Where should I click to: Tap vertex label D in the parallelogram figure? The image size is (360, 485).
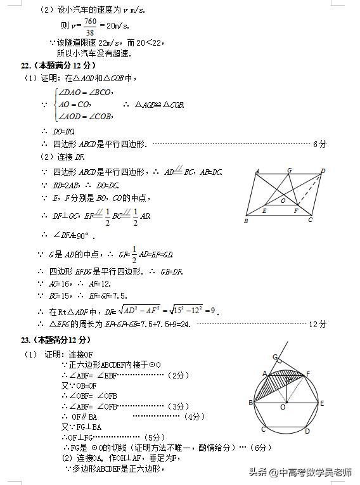tap(323, 171)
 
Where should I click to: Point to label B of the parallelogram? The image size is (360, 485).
tap(246, 221)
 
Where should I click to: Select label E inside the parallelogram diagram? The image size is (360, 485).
tap(264, 210)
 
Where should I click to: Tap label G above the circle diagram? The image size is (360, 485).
tap(274, 356)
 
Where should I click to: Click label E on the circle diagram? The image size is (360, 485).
tap(322, 403)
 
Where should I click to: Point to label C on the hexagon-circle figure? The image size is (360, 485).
tap(263, 429)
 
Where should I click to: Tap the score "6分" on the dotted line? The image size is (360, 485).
tap(319, 145)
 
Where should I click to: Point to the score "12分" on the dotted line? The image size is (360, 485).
tap(317, 324)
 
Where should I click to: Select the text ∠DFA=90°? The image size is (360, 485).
tap(73, 236)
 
